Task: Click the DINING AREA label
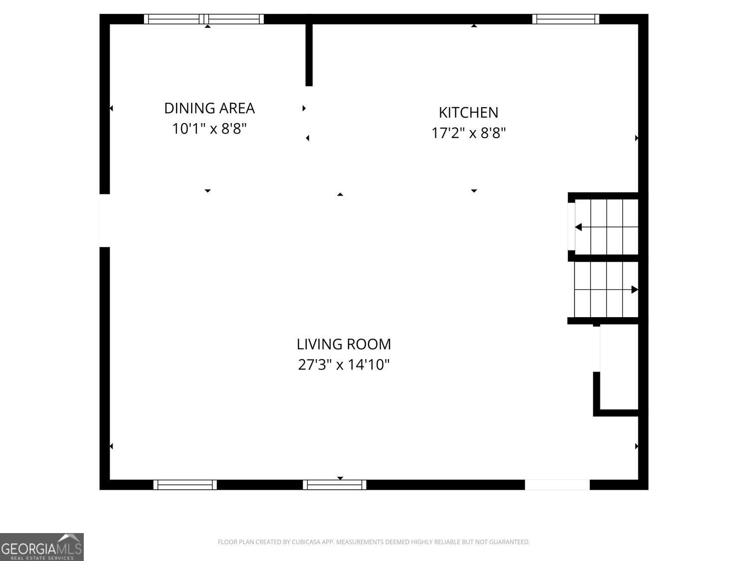(x=209, y=108)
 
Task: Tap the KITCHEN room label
(x=468, y=113)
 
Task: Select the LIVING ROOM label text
(x=344, y=345)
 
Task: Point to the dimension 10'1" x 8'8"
(x=209, y=129)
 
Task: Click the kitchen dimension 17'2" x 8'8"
(x=468, y=133)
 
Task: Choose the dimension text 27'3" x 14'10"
(x=344, y=365)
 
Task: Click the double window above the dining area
(x=204, y=19)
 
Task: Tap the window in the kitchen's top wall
(x=565, y=19)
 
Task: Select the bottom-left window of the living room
(x=185, y=485)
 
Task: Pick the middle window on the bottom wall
(x=335, y=485)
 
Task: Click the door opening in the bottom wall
(x=557, y=485)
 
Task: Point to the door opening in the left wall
(x=105, y=220)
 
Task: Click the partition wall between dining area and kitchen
(x=309, y=55)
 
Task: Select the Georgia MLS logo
(x=41, y=547)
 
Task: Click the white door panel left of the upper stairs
(x=571, y=226)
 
